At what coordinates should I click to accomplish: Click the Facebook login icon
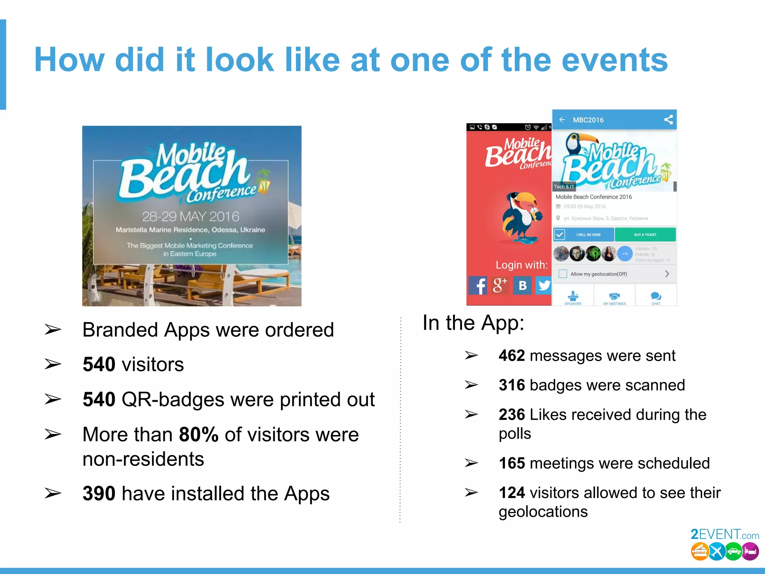tap(478, 286)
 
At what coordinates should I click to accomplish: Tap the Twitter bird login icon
tap(544, 286)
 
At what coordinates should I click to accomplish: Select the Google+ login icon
tap(500, 286)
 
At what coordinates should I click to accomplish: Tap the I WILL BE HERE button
tap(584, 235)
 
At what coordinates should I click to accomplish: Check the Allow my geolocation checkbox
tap(563, 274)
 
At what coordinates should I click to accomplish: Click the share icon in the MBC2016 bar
tap(668, 120)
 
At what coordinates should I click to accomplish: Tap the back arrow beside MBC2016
tap(562, 120)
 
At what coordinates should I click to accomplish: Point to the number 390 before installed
tap(99, 494)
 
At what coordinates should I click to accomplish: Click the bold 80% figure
tap(199, 435)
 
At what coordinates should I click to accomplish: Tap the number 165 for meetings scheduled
tap(512, 463)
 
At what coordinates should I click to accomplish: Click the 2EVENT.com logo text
tap(724, 535)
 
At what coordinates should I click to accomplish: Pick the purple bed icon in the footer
tap(750, 552)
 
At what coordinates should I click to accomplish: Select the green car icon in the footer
tap(733, 552)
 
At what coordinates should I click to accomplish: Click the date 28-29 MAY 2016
tap(191, 216)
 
